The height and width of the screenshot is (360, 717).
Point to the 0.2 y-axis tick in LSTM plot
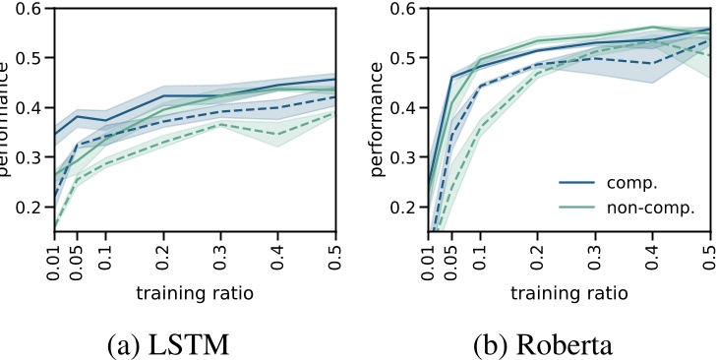coord(29,208)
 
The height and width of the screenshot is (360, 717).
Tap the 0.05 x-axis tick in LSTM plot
coord(79,258)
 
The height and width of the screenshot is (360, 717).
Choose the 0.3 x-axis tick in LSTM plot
coord(221,254)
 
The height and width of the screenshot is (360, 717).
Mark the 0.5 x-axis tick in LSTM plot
coord(336,254)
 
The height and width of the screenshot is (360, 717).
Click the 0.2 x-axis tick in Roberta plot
coord(538,254)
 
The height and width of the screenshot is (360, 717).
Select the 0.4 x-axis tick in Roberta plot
coord(653,254)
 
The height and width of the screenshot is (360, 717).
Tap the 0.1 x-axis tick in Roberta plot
coord(481,254)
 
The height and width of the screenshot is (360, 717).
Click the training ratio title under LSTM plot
coord(195,292)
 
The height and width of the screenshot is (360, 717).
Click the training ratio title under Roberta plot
coord(569,292)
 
